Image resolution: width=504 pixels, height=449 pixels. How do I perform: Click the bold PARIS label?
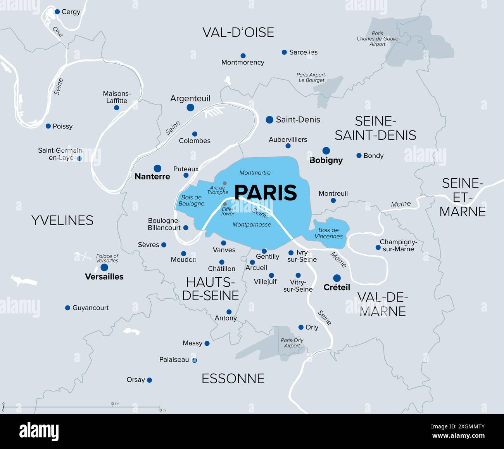click(x=266, y=193)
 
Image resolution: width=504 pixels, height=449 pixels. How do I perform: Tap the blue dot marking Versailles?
click(x=104, y=268)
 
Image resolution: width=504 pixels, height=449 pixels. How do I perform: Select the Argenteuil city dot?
click(x=190, y=108)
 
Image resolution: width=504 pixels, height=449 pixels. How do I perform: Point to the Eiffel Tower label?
click(x=228, y=211)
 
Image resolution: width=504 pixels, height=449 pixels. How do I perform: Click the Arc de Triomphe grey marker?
click(x=224, y=183)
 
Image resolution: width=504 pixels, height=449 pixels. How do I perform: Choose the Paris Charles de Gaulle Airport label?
click(x=377, y=39)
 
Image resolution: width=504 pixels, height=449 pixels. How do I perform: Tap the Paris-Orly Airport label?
click(x=292, y=343)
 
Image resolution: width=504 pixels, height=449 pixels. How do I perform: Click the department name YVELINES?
click(x=62, y=221)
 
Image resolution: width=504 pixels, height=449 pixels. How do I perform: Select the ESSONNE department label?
click(x=233, y=379)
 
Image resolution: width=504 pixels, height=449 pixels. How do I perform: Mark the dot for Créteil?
click(x=337, y=278)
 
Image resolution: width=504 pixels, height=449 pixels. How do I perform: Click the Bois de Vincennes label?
click(x=328, y=233)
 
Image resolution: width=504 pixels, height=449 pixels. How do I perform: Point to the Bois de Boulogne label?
click(x=191, y=200)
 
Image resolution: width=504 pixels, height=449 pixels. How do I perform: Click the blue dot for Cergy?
click(x=57, y=12)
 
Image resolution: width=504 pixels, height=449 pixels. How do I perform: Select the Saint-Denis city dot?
click(x=269, y=120)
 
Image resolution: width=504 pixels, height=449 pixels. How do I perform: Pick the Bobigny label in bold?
click(x=326, y=160)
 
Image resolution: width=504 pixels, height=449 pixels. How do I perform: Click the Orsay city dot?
click(x=149, y=380)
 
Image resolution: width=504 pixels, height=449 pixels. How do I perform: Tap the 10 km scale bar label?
click(x=115, y=404)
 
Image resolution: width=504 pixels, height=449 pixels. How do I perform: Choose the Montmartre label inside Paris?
click(x=255, y=173)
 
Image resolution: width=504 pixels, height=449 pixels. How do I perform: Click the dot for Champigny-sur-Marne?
click(x=378, y=247)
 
